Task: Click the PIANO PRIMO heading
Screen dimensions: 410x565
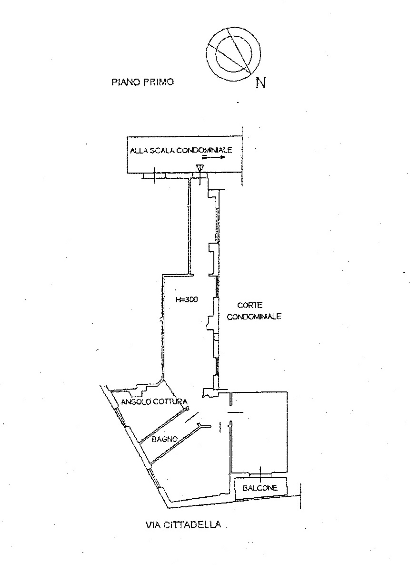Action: pos(142,82)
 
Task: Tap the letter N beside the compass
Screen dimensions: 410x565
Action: pos(260,83)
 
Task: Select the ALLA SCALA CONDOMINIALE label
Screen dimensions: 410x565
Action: pos(181,150)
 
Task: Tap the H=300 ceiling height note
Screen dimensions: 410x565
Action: pos(187,299)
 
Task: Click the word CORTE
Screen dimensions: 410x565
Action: pos(250,305)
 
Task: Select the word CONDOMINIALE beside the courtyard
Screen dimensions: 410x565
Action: pos(254,317)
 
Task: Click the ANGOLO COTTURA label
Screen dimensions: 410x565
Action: pos(154,401)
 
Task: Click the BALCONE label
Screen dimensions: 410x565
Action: pos(260,488)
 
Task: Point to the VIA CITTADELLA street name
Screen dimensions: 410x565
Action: pos(183,524)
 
